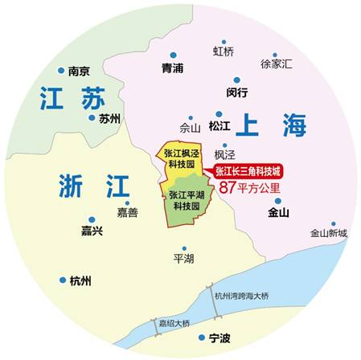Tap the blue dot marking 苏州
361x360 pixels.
(x=92, y=117)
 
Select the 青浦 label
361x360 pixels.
(x=172, y=67)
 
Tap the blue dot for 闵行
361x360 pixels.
(x=236, y=79)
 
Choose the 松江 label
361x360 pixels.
(x=219, y=126)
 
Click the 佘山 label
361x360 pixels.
(x=189, y=127)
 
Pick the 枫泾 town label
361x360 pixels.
(x=226, y=153)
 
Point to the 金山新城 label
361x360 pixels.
(x=329, y=233)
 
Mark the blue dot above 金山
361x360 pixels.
(x=278, y=201)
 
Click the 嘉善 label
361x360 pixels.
(x=127, y=213)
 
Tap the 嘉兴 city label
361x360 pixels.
(x=92, y=231)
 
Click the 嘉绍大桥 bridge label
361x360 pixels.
(x=174, y=324)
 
